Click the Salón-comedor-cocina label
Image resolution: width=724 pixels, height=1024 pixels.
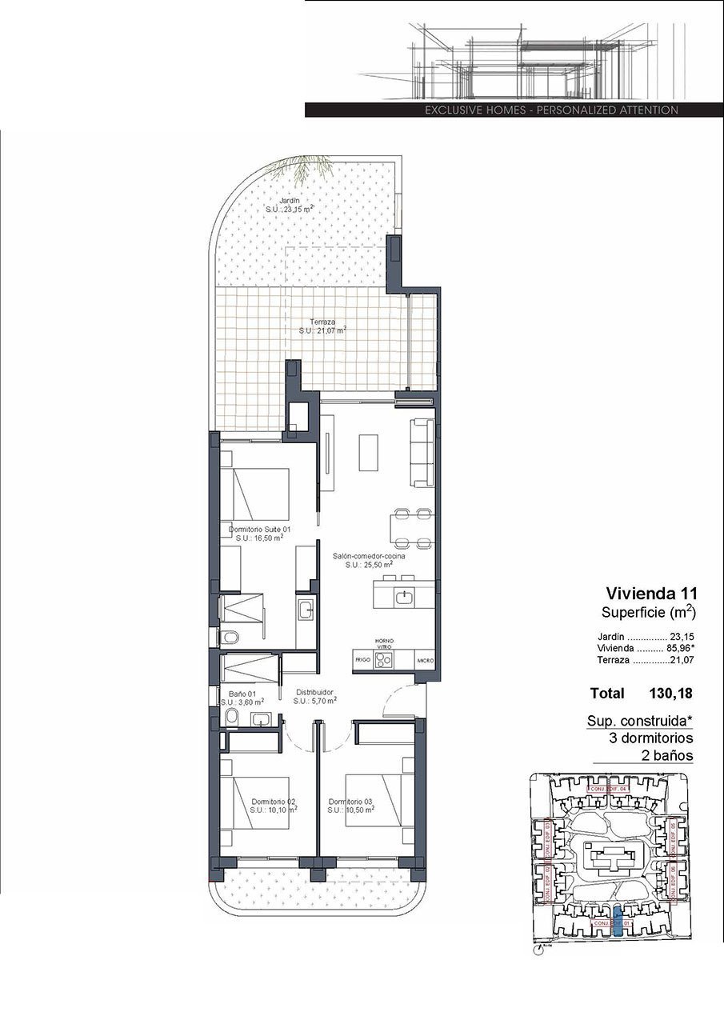tap(370, 555)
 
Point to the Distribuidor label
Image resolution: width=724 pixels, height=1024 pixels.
tap(314, 692)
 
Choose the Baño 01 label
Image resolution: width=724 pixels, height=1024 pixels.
tap(242, 694)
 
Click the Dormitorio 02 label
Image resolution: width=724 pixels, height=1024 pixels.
tap(274, 802)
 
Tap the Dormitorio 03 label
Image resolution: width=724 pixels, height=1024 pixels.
tap(350, 802)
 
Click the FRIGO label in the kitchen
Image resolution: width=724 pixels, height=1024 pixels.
tap(362, 661)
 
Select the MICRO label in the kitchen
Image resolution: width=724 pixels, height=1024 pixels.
tap(424, 661)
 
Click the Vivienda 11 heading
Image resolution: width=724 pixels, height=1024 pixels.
tap(651, 594)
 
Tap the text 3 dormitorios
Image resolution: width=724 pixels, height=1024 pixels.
tap(650, 738)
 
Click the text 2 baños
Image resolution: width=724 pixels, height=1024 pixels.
tap(666, 755)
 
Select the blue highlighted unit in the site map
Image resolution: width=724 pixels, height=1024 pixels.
tap(617, 922)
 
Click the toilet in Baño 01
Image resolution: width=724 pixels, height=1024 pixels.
tap(230, 717)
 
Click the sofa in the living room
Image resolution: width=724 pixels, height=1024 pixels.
tap(422, 451)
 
